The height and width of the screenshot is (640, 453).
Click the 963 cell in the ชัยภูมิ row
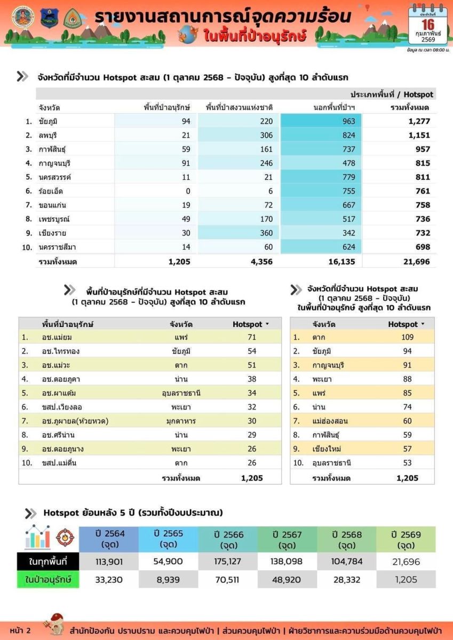point(349,122)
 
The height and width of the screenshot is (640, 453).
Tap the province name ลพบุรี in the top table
point(49,135)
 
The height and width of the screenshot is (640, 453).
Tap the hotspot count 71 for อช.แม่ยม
point(252,337)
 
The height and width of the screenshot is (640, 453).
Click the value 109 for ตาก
point(407,337)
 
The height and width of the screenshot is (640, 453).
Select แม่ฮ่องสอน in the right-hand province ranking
point(330,421)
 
